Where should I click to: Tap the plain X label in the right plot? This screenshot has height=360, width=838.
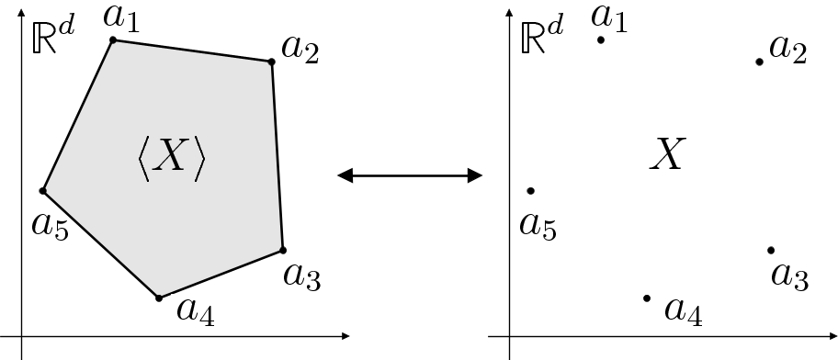[666, 155]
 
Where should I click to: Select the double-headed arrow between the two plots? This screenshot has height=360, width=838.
[410, 174]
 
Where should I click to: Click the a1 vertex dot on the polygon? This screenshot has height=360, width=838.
[113, 39]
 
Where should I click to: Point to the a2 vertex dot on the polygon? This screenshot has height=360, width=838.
[271, 62]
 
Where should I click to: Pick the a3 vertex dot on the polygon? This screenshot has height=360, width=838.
[282, 250]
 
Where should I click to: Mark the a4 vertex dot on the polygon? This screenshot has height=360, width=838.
[159, 298]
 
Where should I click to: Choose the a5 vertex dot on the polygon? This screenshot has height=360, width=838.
[43, 191]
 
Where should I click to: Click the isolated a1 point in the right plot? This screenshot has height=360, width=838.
[601, 39]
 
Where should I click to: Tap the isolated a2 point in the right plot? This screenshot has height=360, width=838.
[759, 62]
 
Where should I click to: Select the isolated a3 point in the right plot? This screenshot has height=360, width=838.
[770, 250]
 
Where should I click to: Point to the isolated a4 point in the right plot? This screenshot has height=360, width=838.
[647, 298]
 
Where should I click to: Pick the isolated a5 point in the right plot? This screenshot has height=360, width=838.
[531, 191]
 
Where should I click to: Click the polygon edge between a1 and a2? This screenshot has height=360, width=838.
[192, 51]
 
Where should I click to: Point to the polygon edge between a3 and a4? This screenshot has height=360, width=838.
[221, 274]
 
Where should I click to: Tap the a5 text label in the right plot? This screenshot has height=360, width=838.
[538, 224]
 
